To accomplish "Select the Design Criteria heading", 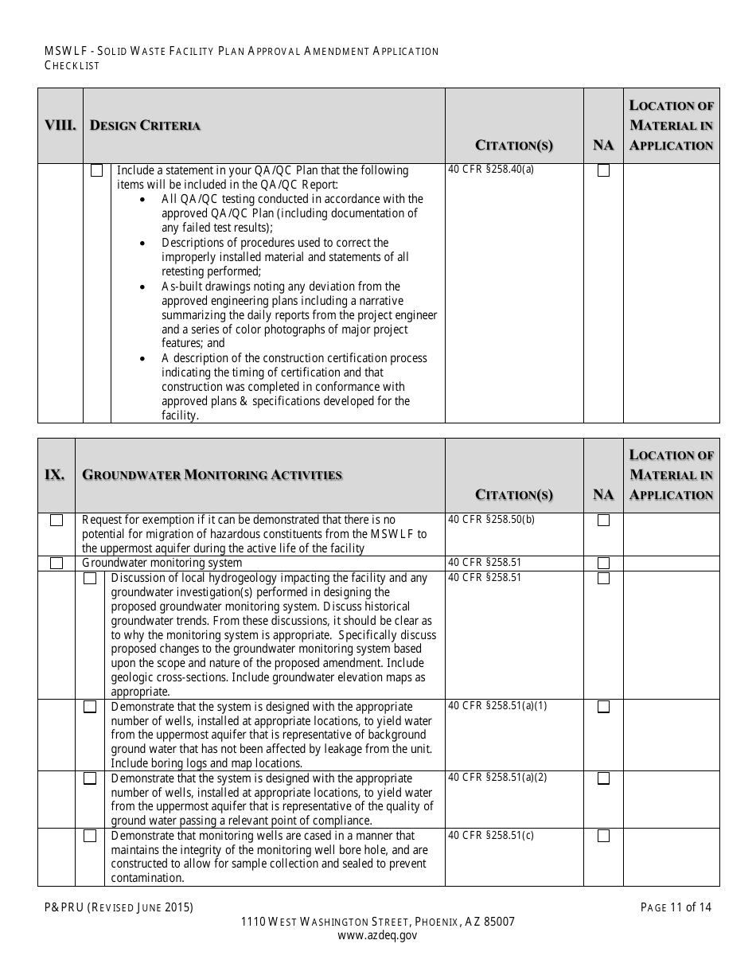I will tap(145, 126).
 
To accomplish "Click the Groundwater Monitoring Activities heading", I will tap(212, 475).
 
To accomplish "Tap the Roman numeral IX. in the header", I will tap(55, 475).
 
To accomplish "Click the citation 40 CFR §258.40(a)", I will tap(491, 170).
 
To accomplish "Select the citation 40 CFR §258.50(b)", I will tap(491, 520).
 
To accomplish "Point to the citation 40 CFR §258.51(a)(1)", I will tap(497, 706).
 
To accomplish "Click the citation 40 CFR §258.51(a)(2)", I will tap(497, 778).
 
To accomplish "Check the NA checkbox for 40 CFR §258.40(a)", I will tap(604, 170).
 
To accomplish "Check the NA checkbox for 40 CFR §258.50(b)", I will tap(604, 521).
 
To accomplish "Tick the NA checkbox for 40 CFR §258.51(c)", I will tap(604, 836).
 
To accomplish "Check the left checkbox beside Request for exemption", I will tap(57, 521).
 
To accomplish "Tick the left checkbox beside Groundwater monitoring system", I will tap(57, 563).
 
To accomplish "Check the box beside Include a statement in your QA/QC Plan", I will tap(97, 170).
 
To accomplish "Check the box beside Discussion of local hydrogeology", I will tap(91, 578).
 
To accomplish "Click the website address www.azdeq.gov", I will tap(377, 936).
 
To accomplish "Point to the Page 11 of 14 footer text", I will tap(676, 907).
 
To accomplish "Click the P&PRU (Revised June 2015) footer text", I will tap(119, 907).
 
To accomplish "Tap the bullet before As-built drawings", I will tap(142, 287).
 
